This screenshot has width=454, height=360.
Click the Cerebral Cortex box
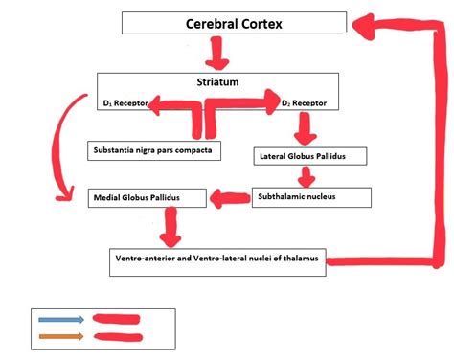click(x=234, y=23)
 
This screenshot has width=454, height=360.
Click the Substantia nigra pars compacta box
click(x=153, y=150)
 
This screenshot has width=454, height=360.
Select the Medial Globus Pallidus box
click(x=148, y=199)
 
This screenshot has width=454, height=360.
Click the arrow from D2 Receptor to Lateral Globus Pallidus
click(x=306, y=126)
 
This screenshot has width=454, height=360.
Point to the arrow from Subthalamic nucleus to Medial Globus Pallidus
click(x=230, y=199)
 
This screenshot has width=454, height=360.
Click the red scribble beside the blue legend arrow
click(x=117, y=318)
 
